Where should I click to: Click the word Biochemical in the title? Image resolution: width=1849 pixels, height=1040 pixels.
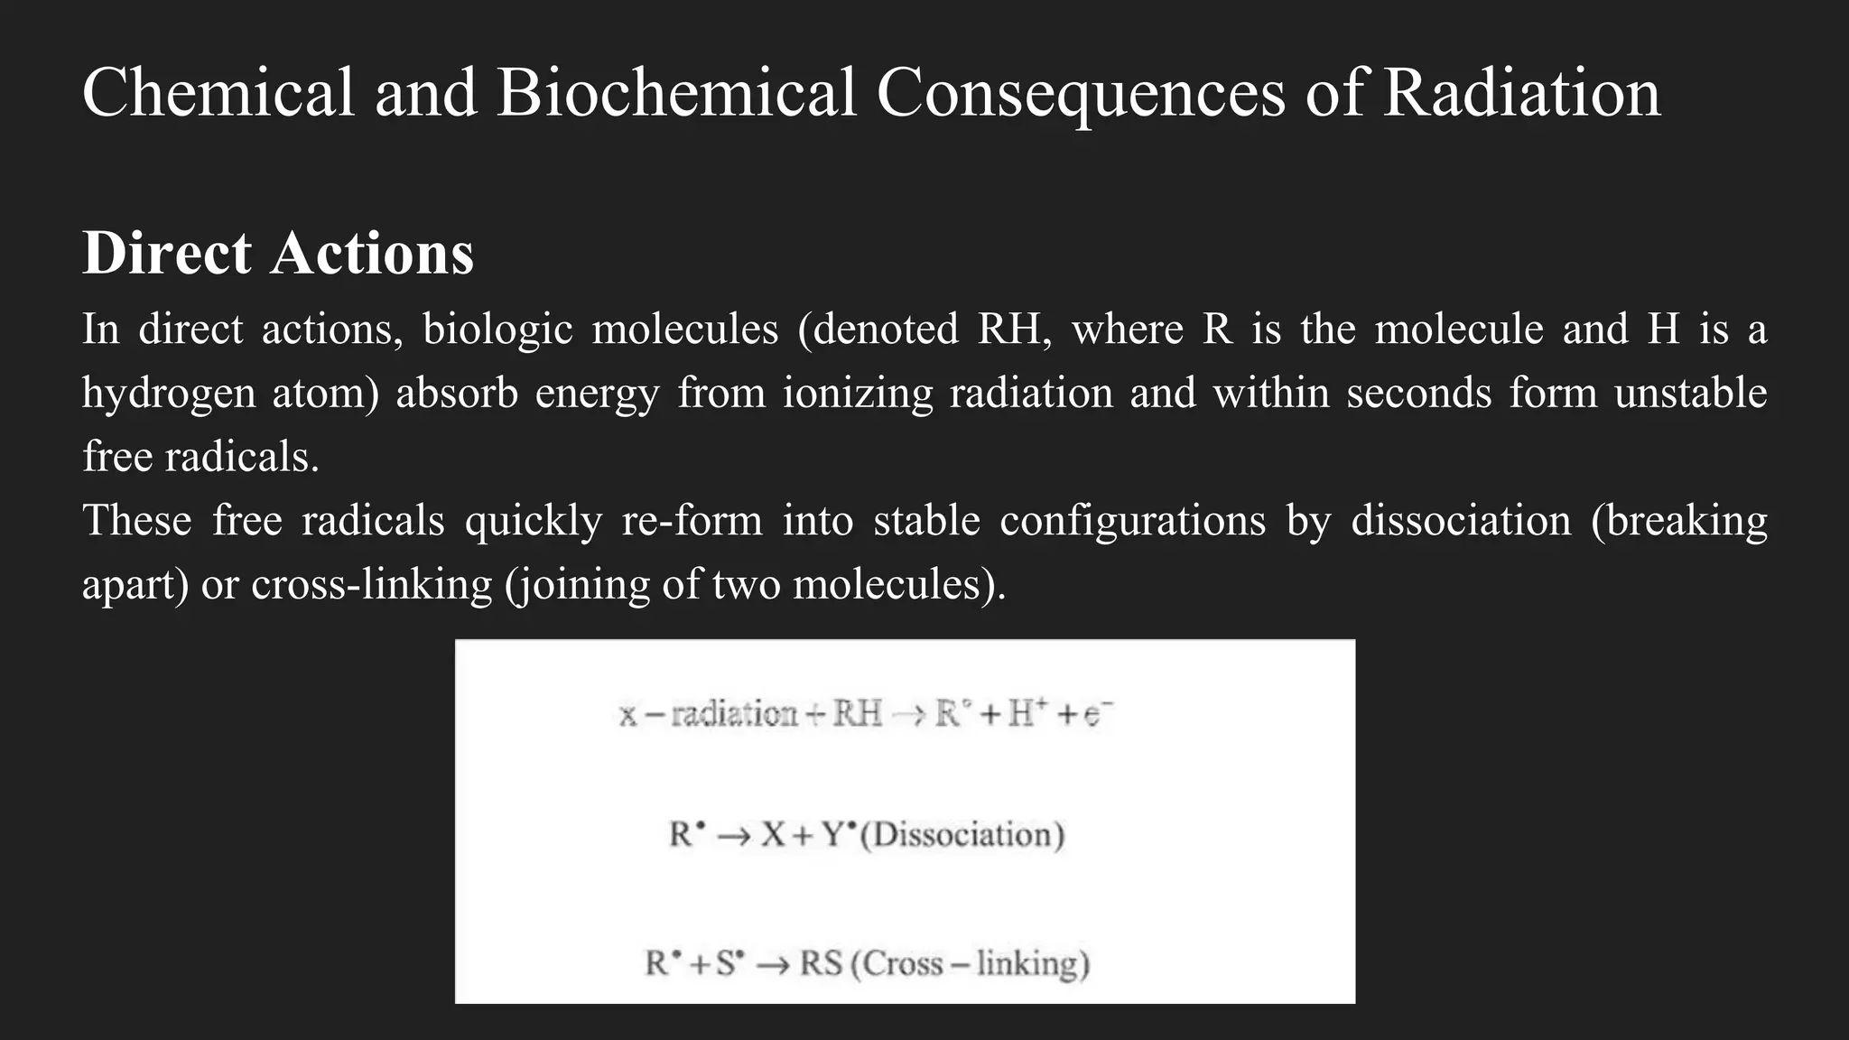676,92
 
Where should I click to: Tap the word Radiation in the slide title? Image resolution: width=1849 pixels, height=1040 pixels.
1521,92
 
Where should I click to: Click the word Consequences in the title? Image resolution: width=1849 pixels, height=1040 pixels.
1081,92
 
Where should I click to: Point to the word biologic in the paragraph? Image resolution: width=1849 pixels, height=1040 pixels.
497,329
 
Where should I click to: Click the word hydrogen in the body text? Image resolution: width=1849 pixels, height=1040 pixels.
169,394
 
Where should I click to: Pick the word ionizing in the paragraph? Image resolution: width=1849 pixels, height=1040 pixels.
857,394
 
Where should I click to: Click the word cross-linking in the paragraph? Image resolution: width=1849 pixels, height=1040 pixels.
372,585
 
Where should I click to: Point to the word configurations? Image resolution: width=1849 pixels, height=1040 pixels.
1133,521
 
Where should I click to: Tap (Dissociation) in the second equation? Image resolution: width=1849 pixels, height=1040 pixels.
962,835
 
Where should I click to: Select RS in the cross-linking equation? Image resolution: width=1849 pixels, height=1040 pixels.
821,964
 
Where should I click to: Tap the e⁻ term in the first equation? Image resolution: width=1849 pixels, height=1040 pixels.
1096,715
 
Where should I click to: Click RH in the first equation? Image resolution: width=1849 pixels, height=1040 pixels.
857,714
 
